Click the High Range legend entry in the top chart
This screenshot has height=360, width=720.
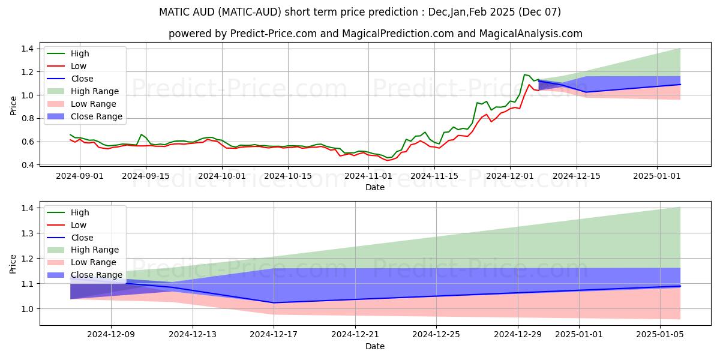tap(94, 91)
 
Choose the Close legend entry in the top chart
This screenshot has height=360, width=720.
tap(82, 79)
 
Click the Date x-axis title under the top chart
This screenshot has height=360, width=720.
tap(375, 187)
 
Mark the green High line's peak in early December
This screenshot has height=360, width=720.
tap(524, 74)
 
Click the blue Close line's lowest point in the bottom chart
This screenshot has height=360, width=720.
tap(274, 302)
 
